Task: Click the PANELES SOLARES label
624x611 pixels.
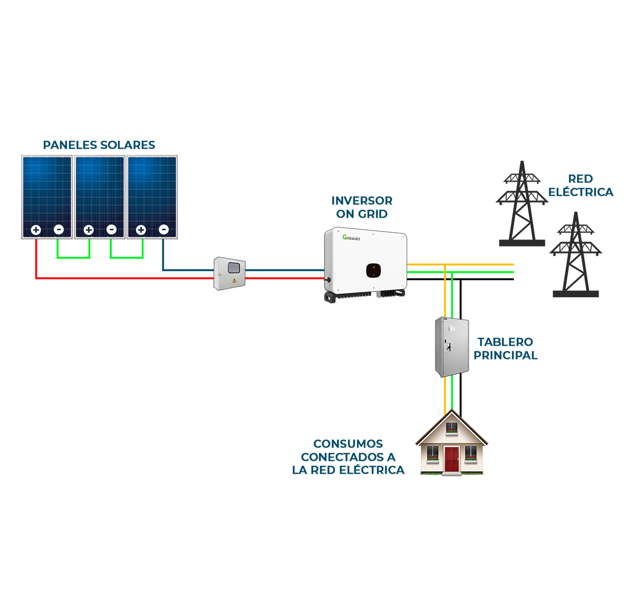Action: click(99, 145)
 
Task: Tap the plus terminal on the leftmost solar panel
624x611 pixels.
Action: click(36, 230)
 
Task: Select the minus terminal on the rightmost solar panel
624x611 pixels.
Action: click(163, 230)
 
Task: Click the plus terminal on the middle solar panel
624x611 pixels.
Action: click(88, 230)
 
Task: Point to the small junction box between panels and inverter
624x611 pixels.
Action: click(230, 273)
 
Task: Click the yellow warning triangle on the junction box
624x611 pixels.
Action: click(234, 280)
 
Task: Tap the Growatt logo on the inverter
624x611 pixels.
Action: click(351, 237)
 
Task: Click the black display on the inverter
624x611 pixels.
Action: click(374, 270)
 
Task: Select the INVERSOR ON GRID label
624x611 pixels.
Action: click(362, 208)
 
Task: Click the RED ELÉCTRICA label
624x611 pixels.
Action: click(581, 186)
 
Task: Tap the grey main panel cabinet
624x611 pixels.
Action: click(452, 347)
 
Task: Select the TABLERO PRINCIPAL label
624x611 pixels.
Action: click(505, 349)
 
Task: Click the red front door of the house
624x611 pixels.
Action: click(452, 459)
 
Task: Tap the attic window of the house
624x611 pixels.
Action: click(452, 428)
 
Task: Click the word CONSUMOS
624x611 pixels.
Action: click(348, 444)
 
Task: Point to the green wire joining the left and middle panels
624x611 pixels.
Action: click(73, 257)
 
